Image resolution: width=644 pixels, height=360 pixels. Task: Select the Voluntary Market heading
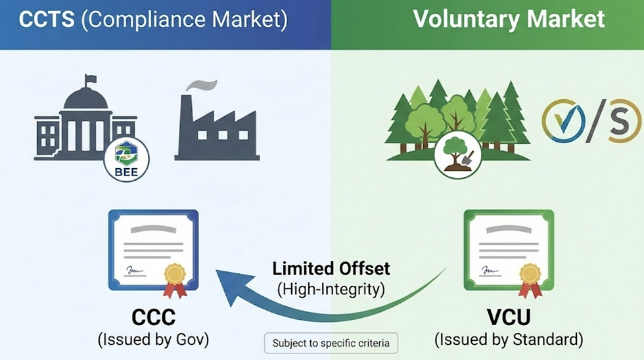[x=509, y=19]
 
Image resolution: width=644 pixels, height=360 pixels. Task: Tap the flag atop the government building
[x=91, y=79]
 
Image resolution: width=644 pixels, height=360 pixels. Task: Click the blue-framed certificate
[x=153, y=250]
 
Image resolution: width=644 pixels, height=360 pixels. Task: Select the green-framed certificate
[x=509, y=250]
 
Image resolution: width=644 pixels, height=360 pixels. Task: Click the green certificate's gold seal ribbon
[x=530, y=279]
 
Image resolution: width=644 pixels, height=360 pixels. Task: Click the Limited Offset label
[x=331, y=268]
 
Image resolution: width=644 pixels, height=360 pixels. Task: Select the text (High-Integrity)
[x=331, y=288]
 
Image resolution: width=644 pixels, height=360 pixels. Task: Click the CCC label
[x=153, y=317]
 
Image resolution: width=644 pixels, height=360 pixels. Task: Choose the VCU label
[x=509, y=317]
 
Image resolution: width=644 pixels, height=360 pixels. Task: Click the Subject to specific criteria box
[x=331, y=343]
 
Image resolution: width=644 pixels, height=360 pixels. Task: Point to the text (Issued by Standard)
[x=509, y=340]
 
